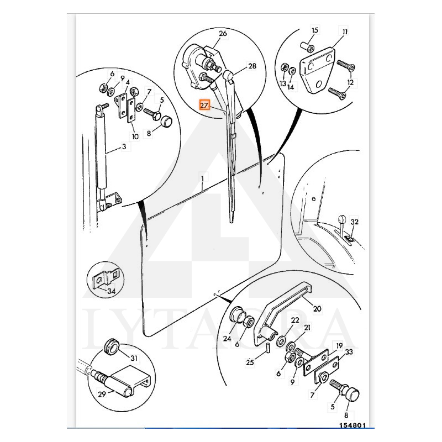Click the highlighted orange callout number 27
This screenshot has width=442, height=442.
(204, 106)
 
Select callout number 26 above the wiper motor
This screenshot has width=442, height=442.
(223, 34)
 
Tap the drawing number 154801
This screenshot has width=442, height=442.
(352, 425)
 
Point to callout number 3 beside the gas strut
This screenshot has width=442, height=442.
(124, 146)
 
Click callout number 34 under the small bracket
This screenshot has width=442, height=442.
(112, 291)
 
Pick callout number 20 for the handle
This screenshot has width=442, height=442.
(317, 309)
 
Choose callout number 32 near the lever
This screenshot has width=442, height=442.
(354, 222)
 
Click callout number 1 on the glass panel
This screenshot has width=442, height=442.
(202, 178)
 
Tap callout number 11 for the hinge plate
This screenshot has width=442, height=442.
(345, 31)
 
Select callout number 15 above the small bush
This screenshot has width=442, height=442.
(315, 30)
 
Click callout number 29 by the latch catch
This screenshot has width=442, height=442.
(102, 394)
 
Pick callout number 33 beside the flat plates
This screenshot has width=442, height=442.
(349, 352)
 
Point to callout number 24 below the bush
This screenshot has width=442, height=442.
(227, 338)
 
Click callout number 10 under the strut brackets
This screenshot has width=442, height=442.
(135, 136)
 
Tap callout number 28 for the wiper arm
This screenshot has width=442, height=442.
(252, 66)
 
